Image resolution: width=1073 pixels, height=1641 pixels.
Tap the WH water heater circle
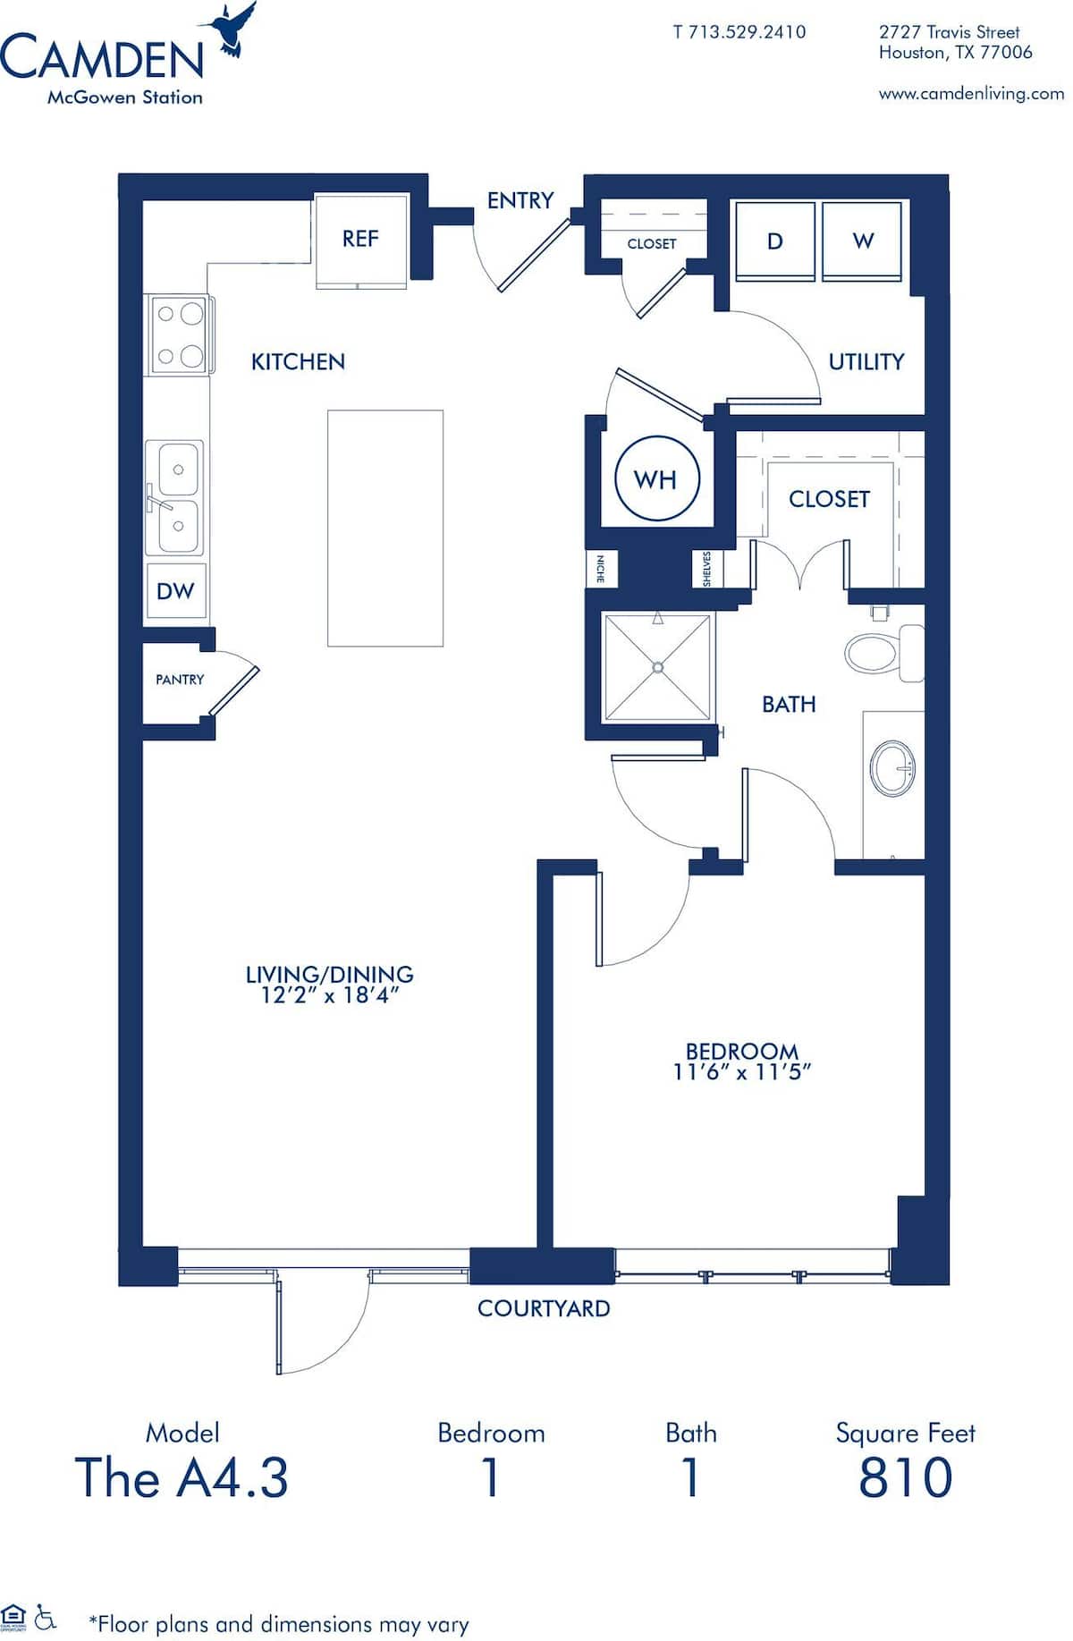[x=656, y=479]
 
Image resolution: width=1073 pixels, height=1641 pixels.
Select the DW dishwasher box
[x=176, y=591]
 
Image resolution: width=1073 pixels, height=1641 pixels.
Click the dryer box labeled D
[x=774, y=241]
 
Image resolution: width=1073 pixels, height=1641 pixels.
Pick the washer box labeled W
[x=862, y=241]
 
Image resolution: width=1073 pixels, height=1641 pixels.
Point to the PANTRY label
[x=180, y=680]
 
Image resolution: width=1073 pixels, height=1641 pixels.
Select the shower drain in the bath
[x=658, y=666]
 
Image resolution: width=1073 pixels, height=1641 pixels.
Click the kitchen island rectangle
[x=385, y=528]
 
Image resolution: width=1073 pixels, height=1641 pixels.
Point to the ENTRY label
[x=520, y=200]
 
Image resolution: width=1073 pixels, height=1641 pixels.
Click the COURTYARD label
[x=544, y=1308]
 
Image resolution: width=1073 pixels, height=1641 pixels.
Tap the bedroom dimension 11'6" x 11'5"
[x=742, y=1071]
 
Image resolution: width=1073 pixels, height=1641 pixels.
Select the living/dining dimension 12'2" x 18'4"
[x=329, y=995]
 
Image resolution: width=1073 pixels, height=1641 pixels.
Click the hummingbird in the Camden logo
[x=232, y=29]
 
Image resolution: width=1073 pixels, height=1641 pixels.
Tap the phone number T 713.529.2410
[x=739, y=32]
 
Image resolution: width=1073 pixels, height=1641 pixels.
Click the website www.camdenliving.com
[x=971, y=93]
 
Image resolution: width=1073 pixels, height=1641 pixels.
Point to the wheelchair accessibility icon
[x=46, y=1617]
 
